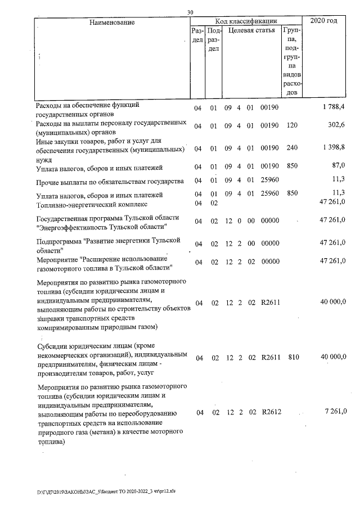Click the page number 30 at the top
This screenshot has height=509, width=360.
pyautogui.click(x=190, y=12)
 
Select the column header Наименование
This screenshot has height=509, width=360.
pyautogui.click(x=111, y=22)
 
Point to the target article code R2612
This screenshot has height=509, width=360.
pyautogui.click(x=271, y=413)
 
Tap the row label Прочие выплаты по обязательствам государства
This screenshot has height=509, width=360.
pyautogui.click(x=110, y=181)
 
